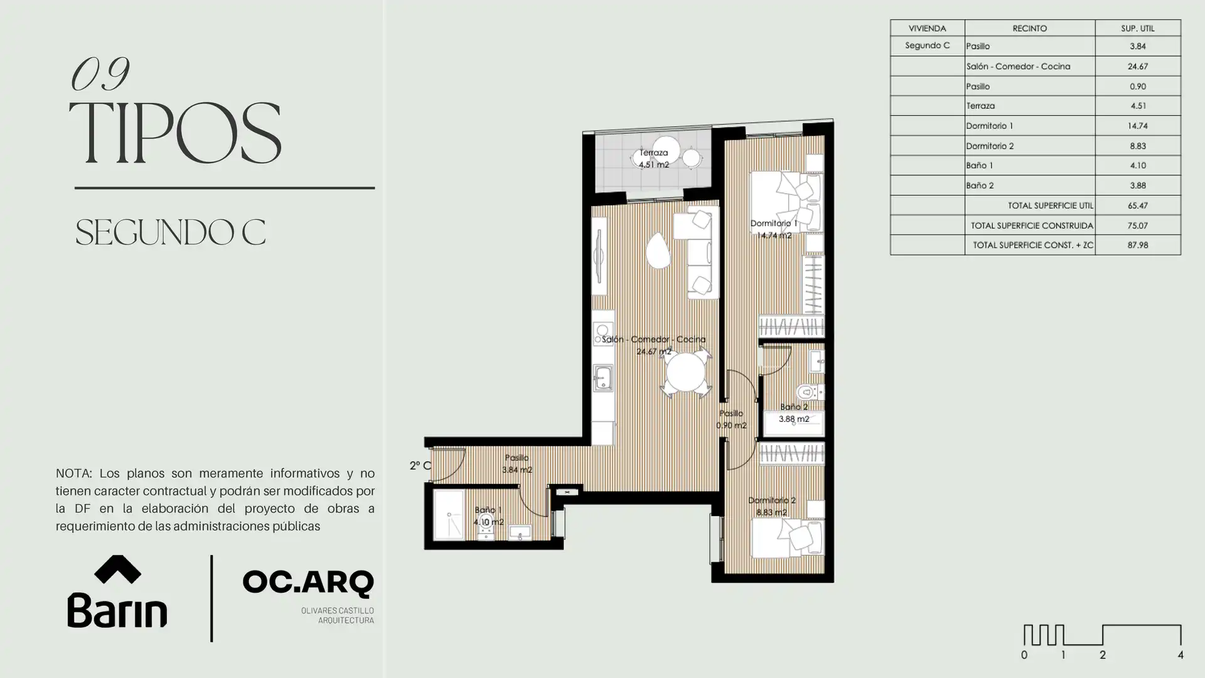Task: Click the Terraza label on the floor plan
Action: click(x=653, y=153)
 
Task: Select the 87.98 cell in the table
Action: click(x=1137, y=245)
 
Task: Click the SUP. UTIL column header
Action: click(x=1137, y=28)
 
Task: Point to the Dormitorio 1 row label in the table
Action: click(x=990, y=126)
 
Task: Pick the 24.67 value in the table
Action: click(x=1137, y=66)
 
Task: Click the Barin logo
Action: click(x=117, y=591)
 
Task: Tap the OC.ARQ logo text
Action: click(x=308, y=583)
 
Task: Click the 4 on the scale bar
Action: click(x=1181, y=655)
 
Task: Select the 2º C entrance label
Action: click(x=420, y=466)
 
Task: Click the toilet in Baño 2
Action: click(x=810, y=393)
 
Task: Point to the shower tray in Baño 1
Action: click(x=449, y=515)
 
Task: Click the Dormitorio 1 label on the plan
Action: click(x=773, y=223)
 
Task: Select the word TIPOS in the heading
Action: click(x=174, y=133)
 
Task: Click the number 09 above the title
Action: click(x=100, y=73)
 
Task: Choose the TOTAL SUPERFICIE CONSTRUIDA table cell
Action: click(x=1032, y=225)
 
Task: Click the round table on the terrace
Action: click(x=665, y=151)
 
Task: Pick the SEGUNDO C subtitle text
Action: click(x=170, y=232)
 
